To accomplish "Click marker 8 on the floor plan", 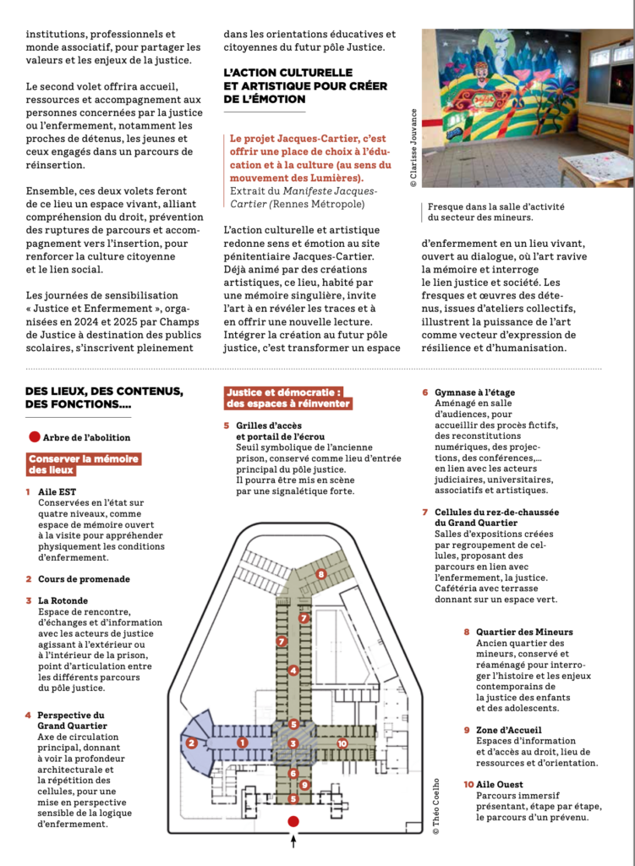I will [x=320, y=574].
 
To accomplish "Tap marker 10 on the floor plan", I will [x=342, y=743].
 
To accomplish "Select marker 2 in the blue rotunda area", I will [x=192, y=743].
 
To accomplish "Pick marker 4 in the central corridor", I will [x=293, y=671].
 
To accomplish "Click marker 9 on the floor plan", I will [x=304, y=785].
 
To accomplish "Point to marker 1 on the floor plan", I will [x=243, y=743].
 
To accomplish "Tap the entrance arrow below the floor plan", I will [x=293, y=841].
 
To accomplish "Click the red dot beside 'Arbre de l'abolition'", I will [x=34, y=437].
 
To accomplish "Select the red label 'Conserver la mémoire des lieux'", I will [x=83, y=464].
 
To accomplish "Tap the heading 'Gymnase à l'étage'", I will [x=474, y=392].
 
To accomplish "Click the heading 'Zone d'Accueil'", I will [x=509, y=730].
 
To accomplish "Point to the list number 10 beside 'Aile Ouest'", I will [x=468, y=785].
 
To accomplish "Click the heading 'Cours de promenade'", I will [x=84, y=579].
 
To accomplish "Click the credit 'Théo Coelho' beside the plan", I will [x=435, y=806].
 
